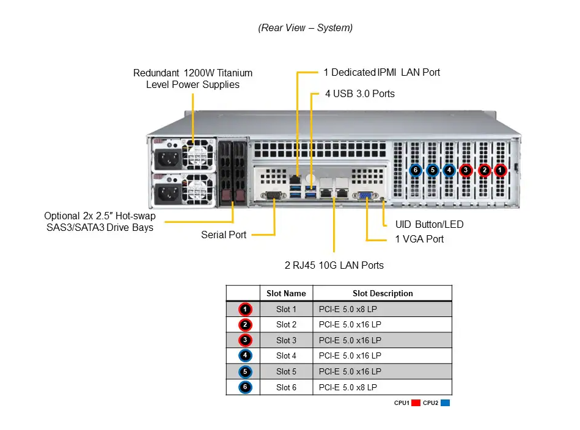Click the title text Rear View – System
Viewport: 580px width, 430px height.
click(x=305, y=27)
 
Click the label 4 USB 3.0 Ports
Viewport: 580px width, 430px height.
click(x=359, y=93)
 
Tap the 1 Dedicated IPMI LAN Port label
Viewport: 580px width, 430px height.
click(x=381, y=72)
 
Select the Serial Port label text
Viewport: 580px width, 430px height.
click(x=224, y=235)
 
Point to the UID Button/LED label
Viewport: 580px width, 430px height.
click(x=429, y=224)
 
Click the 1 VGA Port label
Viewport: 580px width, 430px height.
click(x=419, y=239)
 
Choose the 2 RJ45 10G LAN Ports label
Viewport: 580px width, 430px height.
click(x=334, y=265)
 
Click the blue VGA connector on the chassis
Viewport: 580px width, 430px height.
click(x=366, y=195)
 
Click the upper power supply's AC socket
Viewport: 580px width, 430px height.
click(x=168, y=161)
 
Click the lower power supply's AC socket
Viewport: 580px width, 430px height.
click(x=168, y=194)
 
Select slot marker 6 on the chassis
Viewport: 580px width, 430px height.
click(x=416, y=170)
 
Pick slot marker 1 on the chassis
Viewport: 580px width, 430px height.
click(x=500, y=170)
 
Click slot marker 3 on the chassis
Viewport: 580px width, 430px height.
click(x=466, y=170)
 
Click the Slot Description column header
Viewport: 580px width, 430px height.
click(x=383, y=293)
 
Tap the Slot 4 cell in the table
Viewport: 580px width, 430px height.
click(x=286, y=355)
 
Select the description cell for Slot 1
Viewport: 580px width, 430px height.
click(x=383, y=309)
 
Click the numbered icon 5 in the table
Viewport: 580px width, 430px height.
click(x=245, y=371)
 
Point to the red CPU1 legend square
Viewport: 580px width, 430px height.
click(x=416, y=403)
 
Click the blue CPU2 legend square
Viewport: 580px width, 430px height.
click(x=446, y=403)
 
